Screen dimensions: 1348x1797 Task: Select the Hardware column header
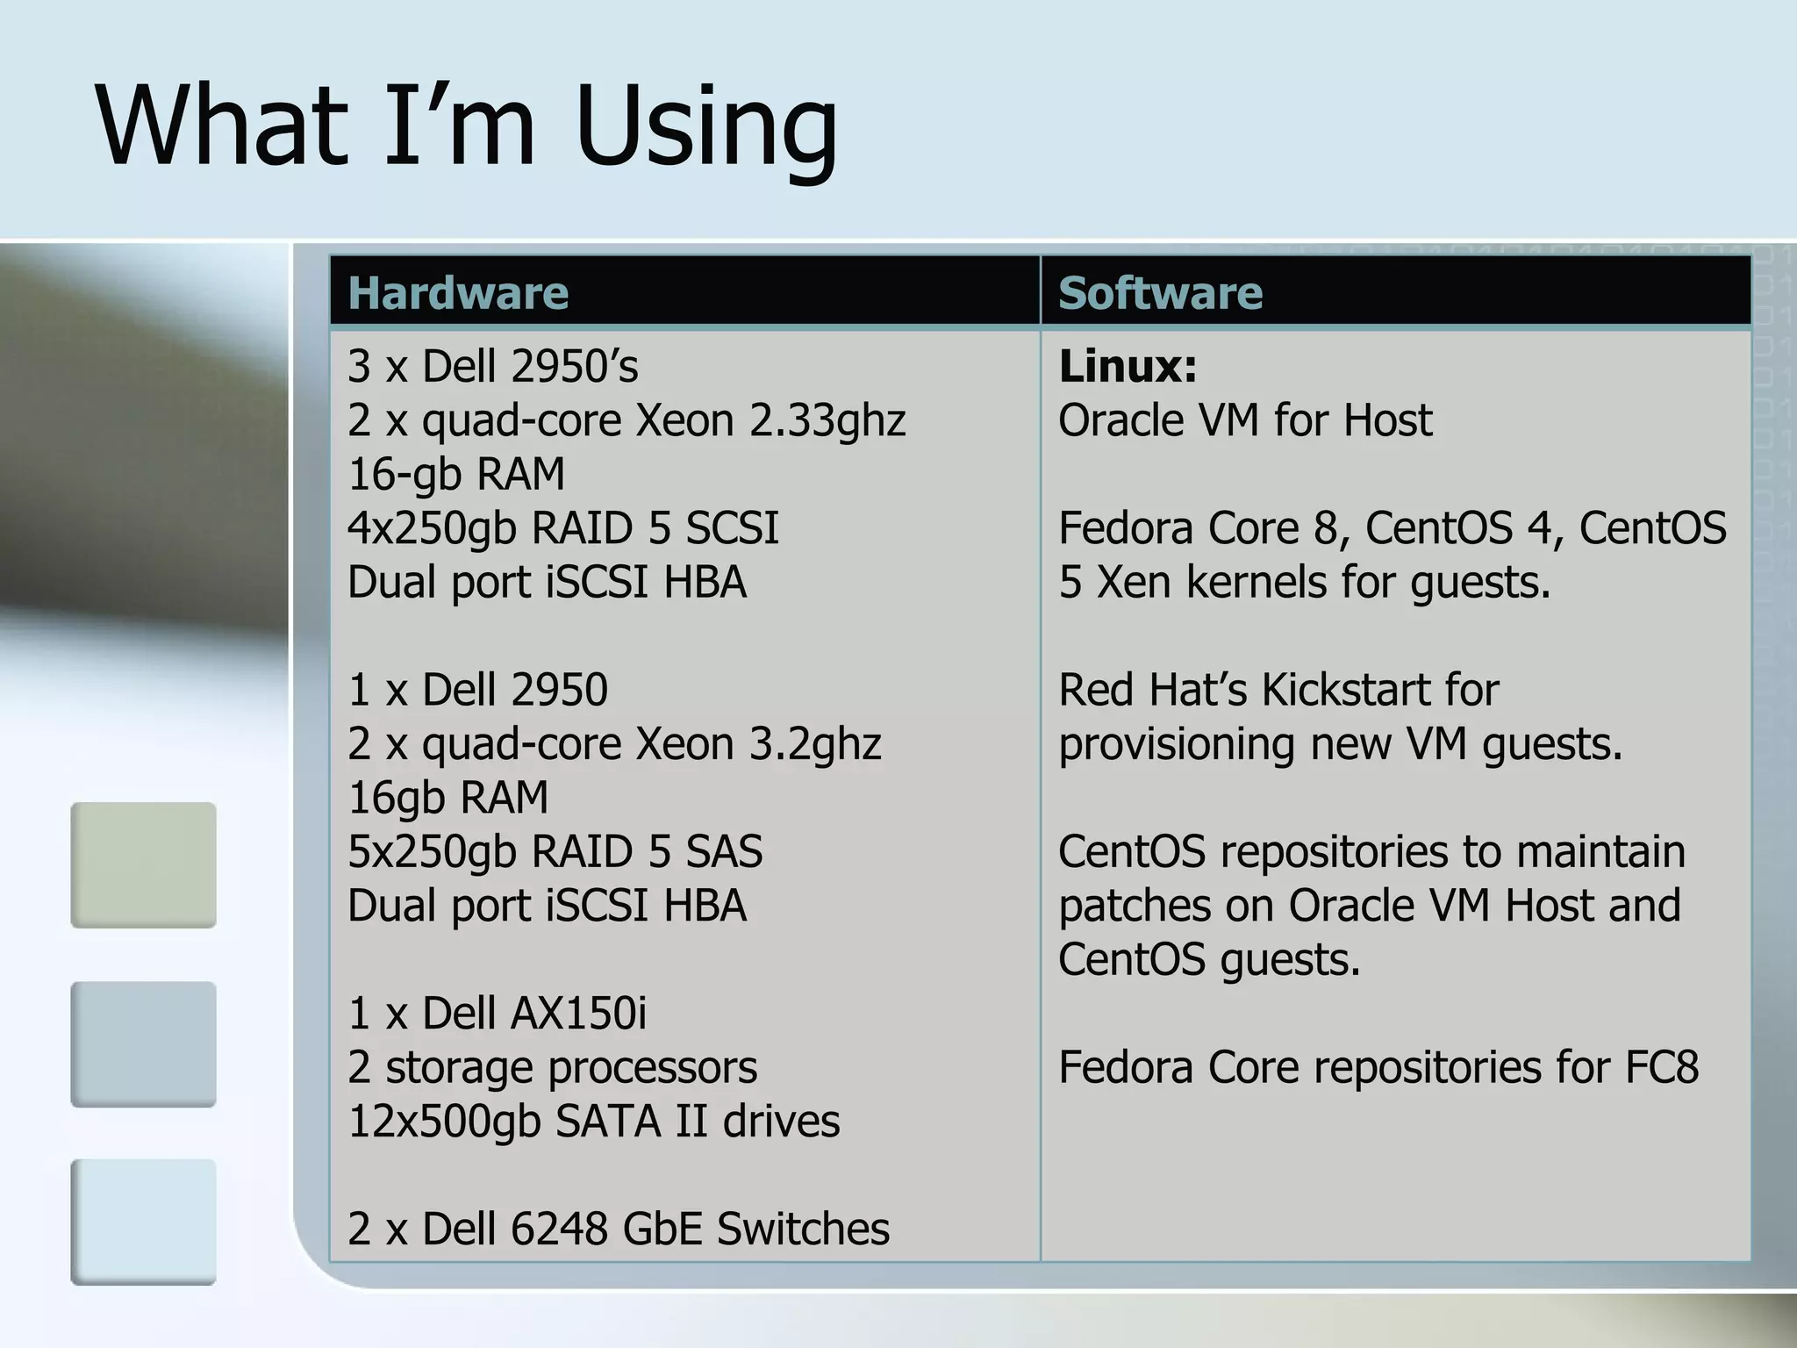tap(457, 292)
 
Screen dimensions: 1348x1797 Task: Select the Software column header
tap(1160, 292)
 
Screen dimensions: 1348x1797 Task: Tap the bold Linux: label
tap(1128, 366)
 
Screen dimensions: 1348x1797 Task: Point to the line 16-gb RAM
tap(456, 474)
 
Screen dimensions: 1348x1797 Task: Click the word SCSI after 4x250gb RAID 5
tap(732, 528)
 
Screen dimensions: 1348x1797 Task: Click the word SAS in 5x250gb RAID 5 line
tap(724, 851)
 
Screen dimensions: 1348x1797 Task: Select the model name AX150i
tap(578, 1013)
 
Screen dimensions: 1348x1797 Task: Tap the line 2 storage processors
tap(552, 1067)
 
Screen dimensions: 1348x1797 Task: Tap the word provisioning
tap(1177, 744)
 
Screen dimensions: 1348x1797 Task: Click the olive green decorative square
tap(143, 864)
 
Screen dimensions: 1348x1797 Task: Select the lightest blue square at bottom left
tap(143, 1222)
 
